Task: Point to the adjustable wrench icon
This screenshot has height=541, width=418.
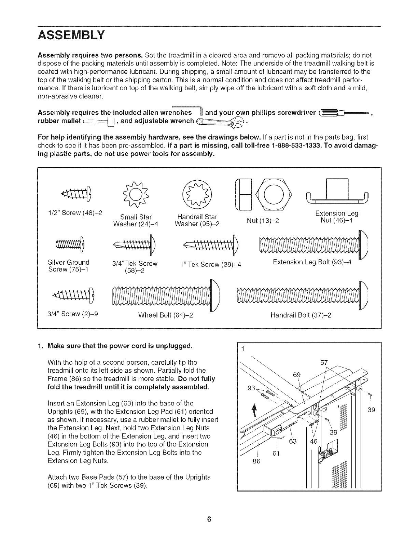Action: (220, 121)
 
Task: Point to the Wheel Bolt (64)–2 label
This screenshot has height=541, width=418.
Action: (166, 315)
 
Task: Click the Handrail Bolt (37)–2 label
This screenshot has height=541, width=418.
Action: (301, 315)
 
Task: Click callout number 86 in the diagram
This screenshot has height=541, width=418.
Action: (256, 461)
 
